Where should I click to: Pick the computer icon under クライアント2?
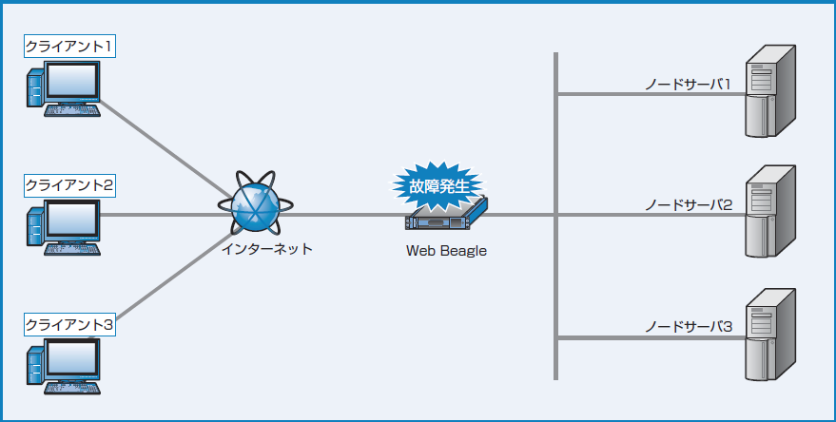point(63,229)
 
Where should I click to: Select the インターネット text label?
point(266,249)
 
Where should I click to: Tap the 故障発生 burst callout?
point(438,186)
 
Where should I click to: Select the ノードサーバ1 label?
point(687,85)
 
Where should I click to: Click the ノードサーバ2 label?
point(687,205)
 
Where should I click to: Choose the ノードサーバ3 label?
point(687,327)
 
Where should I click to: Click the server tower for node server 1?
point(768,92)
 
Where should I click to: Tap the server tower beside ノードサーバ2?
point(768,212)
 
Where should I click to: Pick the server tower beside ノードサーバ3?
point(768,334)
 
